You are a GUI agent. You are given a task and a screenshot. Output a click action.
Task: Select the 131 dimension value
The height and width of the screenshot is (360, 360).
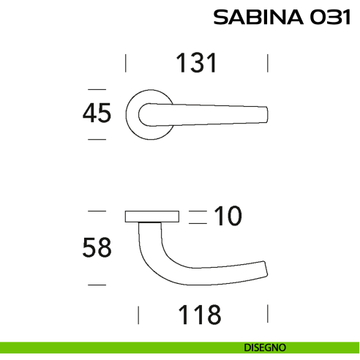coord(196,64)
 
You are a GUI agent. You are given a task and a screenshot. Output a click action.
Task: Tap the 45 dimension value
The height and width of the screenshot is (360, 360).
coord(97,113)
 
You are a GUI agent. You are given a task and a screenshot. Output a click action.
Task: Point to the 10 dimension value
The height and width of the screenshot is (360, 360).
coord(228,216)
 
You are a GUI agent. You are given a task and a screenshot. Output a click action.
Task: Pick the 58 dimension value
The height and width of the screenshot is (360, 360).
coord(97,248)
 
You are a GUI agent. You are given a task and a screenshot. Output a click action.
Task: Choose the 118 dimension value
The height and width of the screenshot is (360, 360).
coord(199,315)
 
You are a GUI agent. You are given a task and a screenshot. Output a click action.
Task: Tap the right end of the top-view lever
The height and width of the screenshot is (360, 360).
coord(266,114)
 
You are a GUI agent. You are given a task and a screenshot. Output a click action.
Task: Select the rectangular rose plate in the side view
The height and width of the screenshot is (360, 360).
coord(152,216)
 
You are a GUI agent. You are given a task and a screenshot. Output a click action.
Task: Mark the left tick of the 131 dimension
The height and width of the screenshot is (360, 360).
coord(127,63)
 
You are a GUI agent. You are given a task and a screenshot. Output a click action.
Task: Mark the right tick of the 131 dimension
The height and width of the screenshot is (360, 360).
coord(268,63)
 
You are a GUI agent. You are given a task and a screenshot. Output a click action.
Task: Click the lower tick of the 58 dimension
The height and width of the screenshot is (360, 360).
coord(97,284)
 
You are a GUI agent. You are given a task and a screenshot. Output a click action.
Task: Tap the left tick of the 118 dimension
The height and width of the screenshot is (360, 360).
coord(139,315)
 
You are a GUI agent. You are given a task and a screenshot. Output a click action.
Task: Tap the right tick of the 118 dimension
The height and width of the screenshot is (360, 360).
coord(268,315)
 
